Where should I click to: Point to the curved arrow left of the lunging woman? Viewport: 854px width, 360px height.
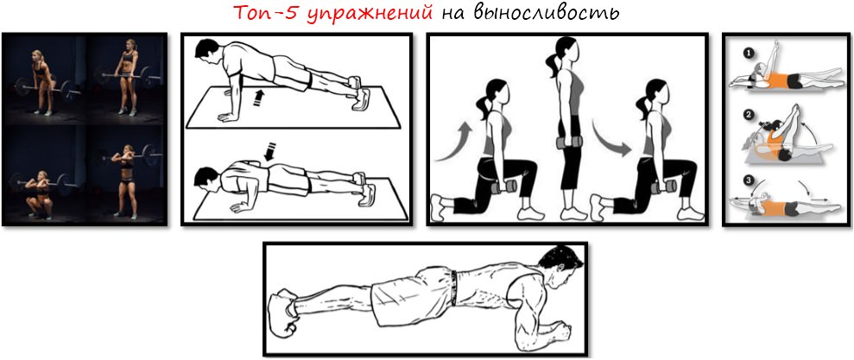click(x=454, y=142)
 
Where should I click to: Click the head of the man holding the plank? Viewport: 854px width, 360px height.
click(x=553, y=264)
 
